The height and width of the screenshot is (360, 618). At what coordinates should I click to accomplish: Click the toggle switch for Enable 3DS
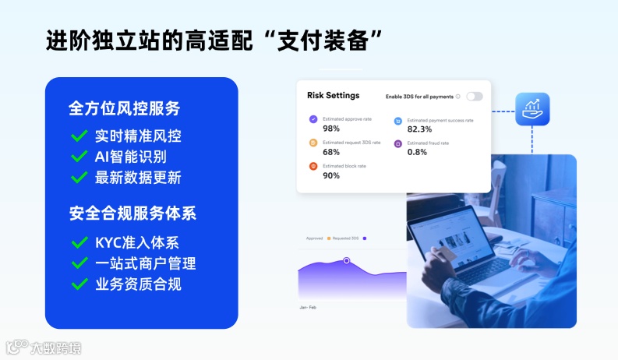tap(475, 97)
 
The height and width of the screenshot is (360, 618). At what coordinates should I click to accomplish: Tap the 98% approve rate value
tap(331, 129)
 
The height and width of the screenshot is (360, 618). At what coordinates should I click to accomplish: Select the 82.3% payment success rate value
tap(419, 129)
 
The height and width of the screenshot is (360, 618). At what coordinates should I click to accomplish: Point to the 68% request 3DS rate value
tap(331, 152)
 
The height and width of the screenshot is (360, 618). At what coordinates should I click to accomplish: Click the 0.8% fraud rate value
tap(417, 152)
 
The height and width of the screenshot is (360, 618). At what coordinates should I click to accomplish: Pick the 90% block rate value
tap(331, 175)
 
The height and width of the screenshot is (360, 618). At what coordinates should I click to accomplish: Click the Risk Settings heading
tap(334, 96)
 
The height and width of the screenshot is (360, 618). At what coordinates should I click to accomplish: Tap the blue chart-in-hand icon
tap(532, 110)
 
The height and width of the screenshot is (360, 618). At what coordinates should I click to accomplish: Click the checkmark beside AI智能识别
tap(79, 157)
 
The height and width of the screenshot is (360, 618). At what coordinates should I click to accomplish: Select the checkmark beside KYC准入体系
tap(79, 243)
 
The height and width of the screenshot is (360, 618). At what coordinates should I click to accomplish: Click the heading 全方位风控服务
tap(125, 108)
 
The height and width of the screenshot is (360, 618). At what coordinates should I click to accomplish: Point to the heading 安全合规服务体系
tap(132, 213)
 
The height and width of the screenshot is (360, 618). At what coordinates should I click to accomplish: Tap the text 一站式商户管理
tap(145, 263)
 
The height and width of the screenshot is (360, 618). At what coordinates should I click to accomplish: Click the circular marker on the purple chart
tap(347, 260)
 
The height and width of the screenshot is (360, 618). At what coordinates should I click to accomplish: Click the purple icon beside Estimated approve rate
tap(313, 120)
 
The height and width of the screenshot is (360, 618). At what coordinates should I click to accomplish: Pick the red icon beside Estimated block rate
tap(313, 166)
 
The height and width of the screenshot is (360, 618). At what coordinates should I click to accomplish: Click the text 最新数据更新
tap(138, 178)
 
